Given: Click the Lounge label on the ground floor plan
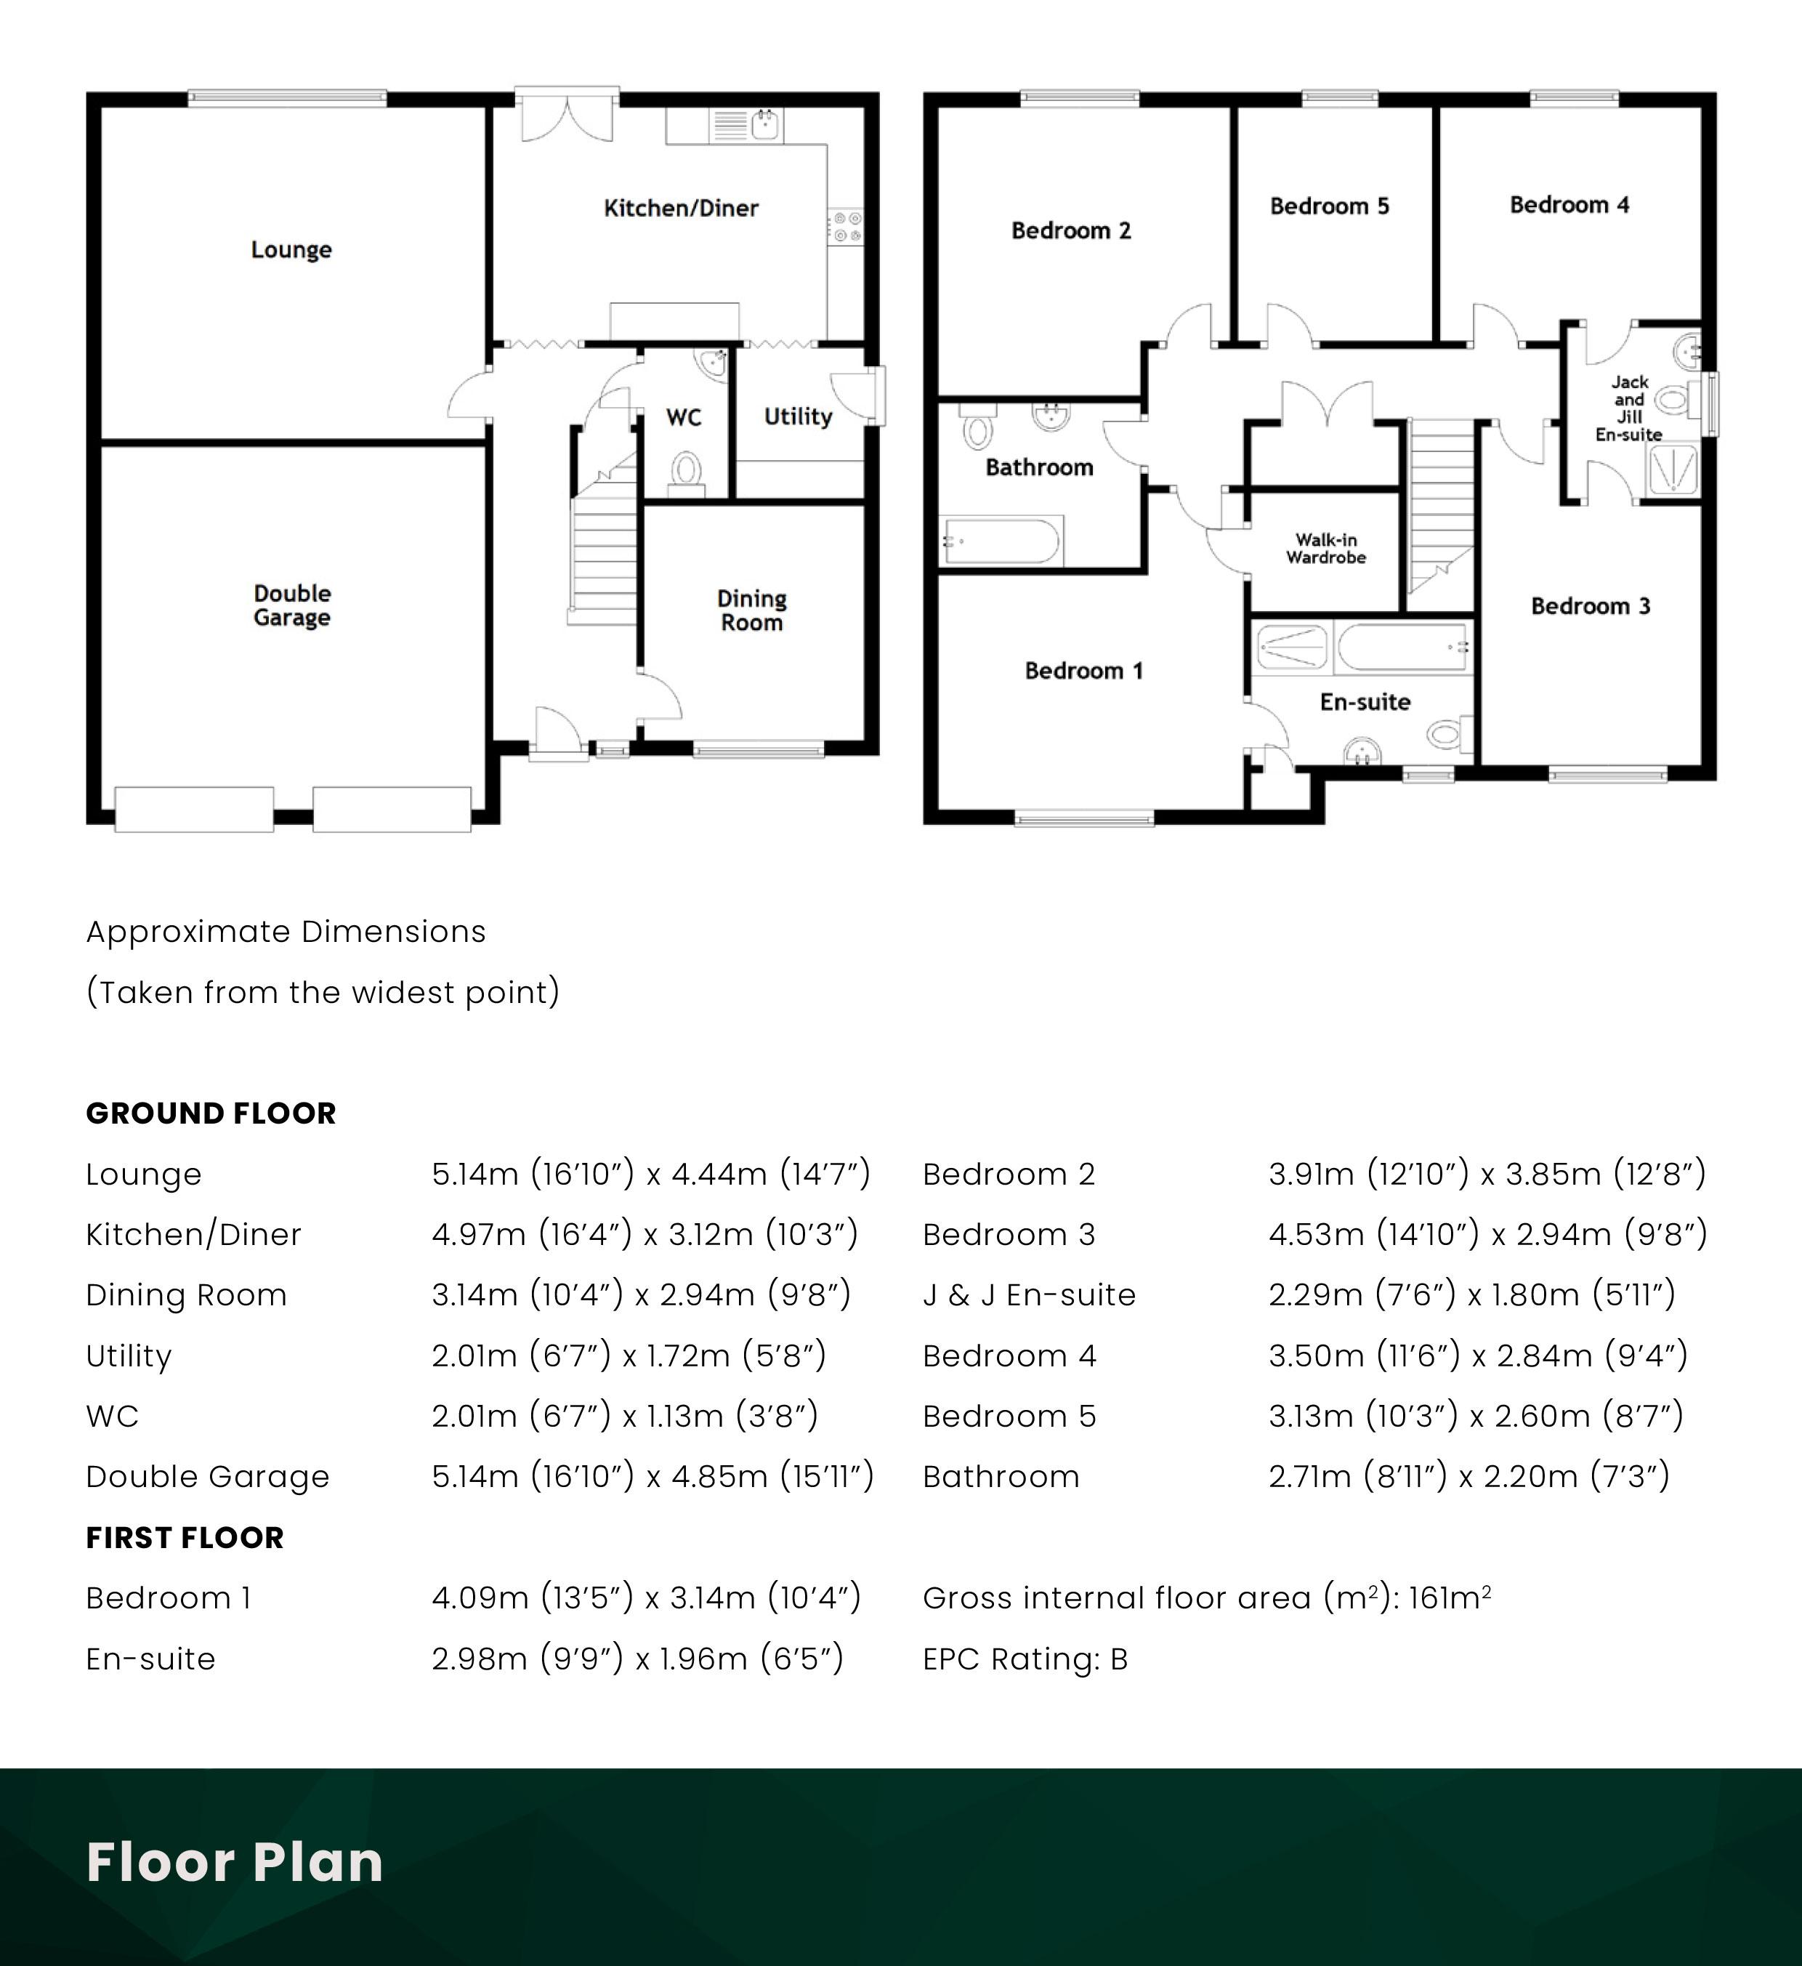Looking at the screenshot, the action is (291, 249).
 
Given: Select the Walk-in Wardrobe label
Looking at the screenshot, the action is (1326, 548).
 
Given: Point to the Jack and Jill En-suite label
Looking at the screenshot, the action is (1628, 408).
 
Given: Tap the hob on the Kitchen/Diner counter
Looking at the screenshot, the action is (847, 226).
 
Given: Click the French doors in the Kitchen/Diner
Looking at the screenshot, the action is (567, 117).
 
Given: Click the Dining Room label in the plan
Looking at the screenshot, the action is (752, 611).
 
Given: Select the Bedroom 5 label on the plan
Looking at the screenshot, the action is (1329, 206).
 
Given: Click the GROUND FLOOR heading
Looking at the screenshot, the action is (211, 1113).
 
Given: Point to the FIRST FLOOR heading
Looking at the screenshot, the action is (185, 1537).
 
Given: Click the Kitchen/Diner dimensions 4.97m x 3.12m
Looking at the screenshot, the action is (645, 1235).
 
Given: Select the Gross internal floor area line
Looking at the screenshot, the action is (1207, 1598).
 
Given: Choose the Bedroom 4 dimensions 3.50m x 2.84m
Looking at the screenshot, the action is (1478, 1355).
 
